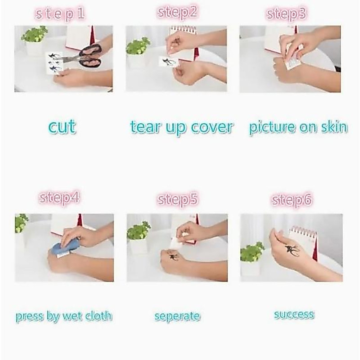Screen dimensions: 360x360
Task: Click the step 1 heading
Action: (x=60, y=14)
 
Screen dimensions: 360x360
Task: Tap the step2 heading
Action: (x=177, y=12)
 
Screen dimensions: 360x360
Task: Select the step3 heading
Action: (x=286, y=14)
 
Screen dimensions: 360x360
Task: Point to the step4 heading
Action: (x=59, y=198)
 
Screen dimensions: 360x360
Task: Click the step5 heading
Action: (x=177, y=199)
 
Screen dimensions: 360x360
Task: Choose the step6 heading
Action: (x=292, y=200)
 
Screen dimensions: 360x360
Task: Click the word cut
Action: (x=62, y=126)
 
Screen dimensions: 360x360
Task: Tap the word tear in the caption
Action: (x=145, y=127)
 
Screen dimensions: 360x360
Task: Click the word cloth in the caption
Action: (x=99, y=316)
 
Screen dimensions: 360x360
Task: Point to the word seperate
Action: (x=177, y=316)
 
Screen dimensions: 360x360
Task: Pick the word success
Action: (x=294, y=315)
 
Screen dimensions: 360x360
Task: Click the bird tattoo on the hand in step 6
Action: (x=292, y=251)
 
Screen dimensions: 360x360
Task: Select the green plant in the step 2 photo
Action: (x=138, y=45)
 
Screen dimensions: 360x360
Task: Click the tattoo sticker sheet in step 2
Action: (x=169, y=62)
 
